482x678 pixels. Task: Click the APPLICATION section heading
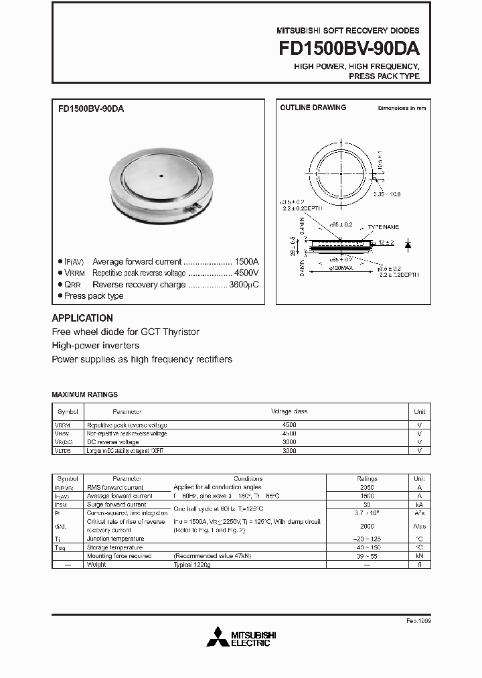click(82, 318)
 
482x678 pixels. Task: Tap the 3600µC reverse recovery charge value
click(243, 285)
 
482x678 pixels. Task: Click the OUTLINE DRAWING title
click(313, 107)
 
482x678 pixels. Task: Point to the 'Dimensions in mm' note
click(402, 108)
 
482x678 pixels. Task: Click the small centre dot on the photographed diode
click(161, 177)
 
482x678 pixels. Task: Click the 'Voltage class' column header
click(289, 411)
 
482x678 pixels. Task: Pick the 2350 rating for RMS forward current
click(367, 488)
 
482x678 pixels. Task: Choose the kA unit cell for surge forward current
click(418, 504)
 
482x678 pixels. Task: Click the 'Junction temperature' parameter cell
click(115, 539)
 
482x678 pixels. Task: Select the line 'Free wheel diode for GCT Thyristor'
click(125, 332)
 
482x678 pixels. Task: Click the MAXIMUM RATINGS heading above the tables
click(84, 395)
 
